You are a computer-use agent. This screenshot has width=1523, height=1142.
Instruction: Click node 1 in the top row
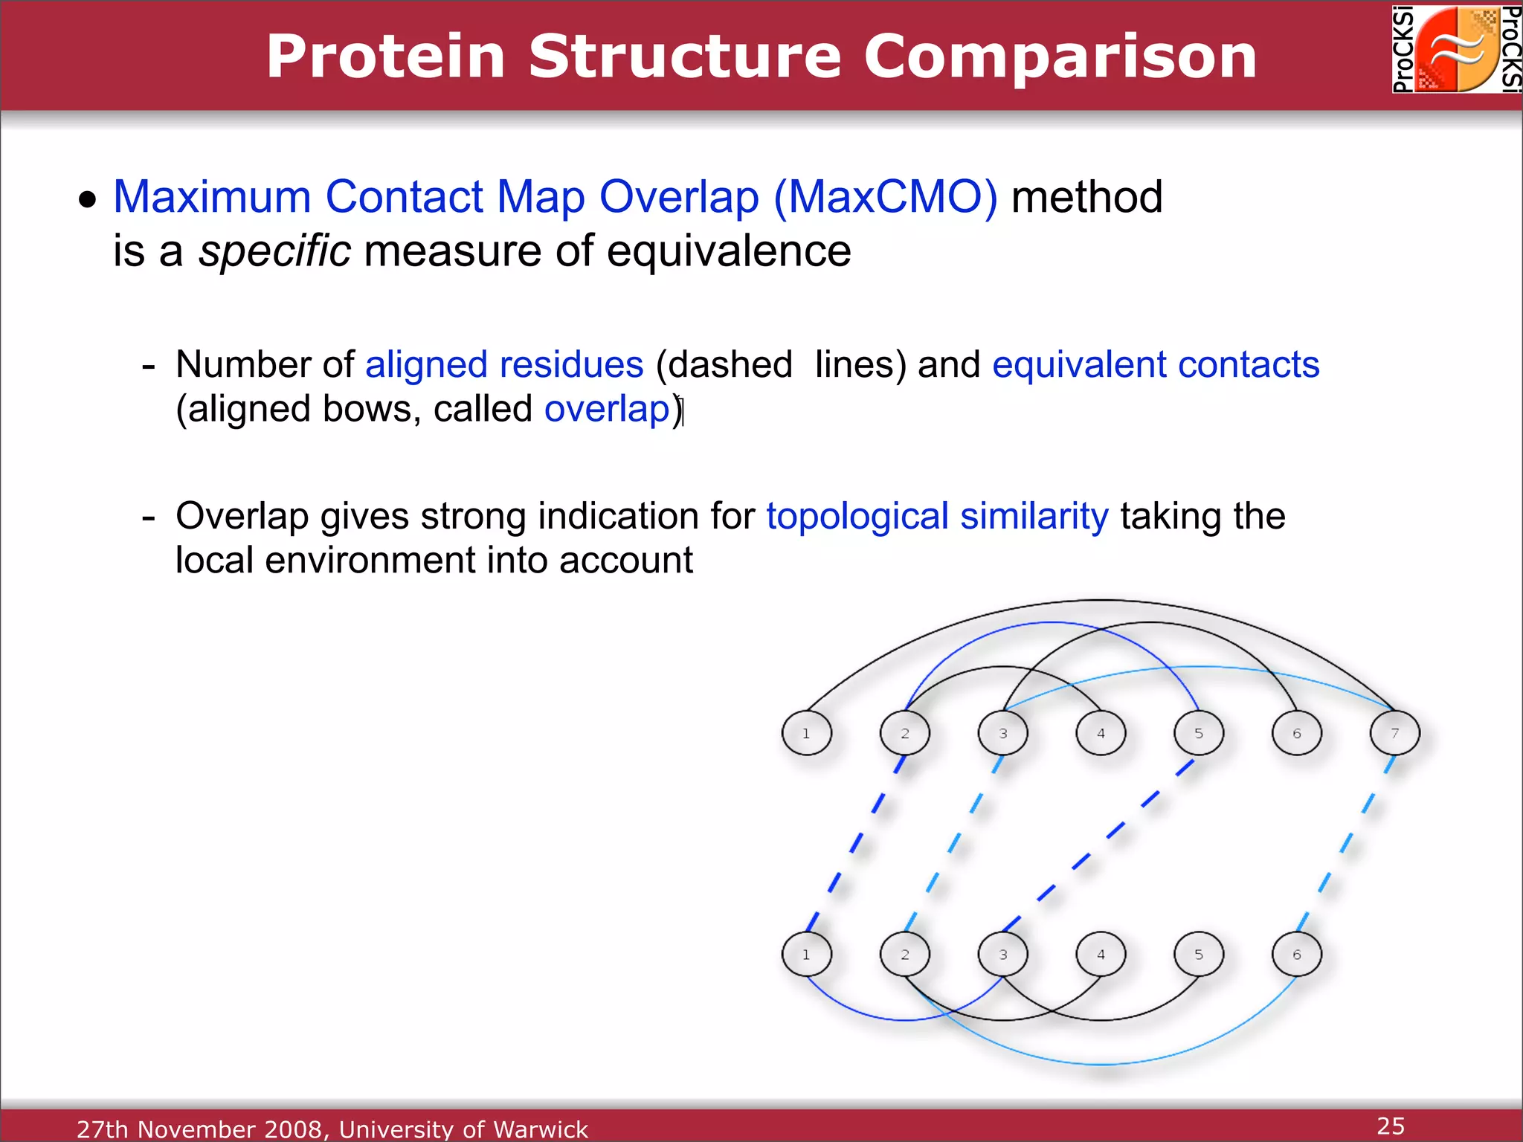807,733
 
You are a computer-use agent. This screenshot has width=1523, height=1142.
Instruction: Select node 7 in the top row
1395,733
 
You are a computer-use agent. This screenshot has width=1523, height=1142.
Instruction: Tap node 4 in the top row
1101,733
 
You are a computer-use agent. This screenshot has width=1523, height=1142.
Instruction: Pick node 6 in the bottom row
1297,954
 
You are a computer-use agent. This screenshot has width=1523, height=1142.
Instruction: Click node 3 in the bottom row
1003,954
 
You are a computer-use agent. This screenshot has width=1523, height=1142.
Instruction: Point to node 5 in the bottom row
1199,954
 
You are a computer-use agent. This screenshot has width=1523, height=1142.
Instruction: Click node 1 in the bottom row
807,954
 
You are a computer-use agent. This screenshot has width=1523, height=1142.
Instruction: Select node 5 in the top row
1199,733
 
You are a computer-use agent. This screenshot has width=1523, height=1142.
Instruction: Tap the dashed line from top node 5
1099,845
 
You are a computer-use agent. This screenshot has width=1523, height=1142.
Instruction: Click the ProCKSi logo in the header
1457,49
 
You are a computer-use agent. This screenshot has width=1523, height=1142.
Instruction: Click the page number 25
1391,1126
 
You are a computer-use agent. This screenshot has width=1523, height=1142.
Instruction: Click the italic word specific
274,251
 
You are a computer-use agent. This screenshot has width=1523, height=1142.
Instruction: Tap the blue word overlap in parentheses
608,410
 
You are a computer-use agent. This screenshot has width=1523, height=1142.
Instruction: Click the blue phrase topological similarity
937,516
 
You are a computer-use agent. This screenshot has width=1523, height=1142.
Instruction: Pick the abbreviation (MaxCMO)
885,197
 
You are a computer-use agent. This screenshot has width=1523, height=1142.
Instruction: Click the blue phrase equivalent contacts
1156,364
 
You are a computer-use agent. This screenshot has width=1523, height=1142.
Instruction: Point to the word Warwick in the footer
541,1129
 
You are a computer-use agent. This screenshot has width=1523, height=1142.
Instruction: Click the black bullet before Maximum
88,199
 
